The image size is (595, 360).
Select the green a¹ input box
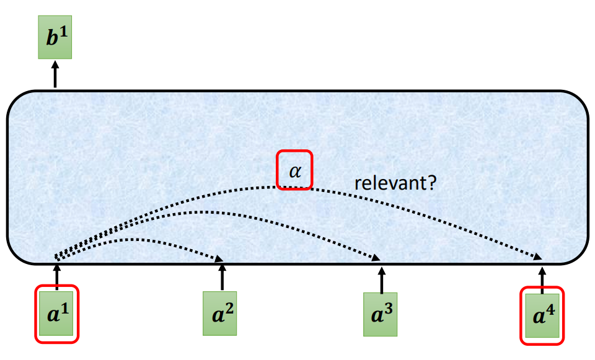click(x=56, y=314)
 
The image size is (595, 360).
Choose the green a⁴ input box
click(x=542, y=315)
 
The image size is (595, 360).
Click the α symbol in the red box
click(x=295, y=169)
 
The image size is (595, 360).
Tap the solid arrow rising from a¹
click(x=56, y=276)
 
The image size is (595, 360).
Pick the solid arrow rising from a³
click(x=381, y=279)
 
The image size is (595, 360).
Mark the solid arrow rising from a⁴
click(x=542, y=279)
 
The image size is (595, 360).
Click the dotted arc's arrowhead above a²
click(x=220, y=260)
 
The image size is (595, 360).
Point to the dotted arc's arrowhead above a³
click(x=377, y=259)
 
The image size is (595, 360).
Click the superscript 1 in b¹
click(x=63, y=34)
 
